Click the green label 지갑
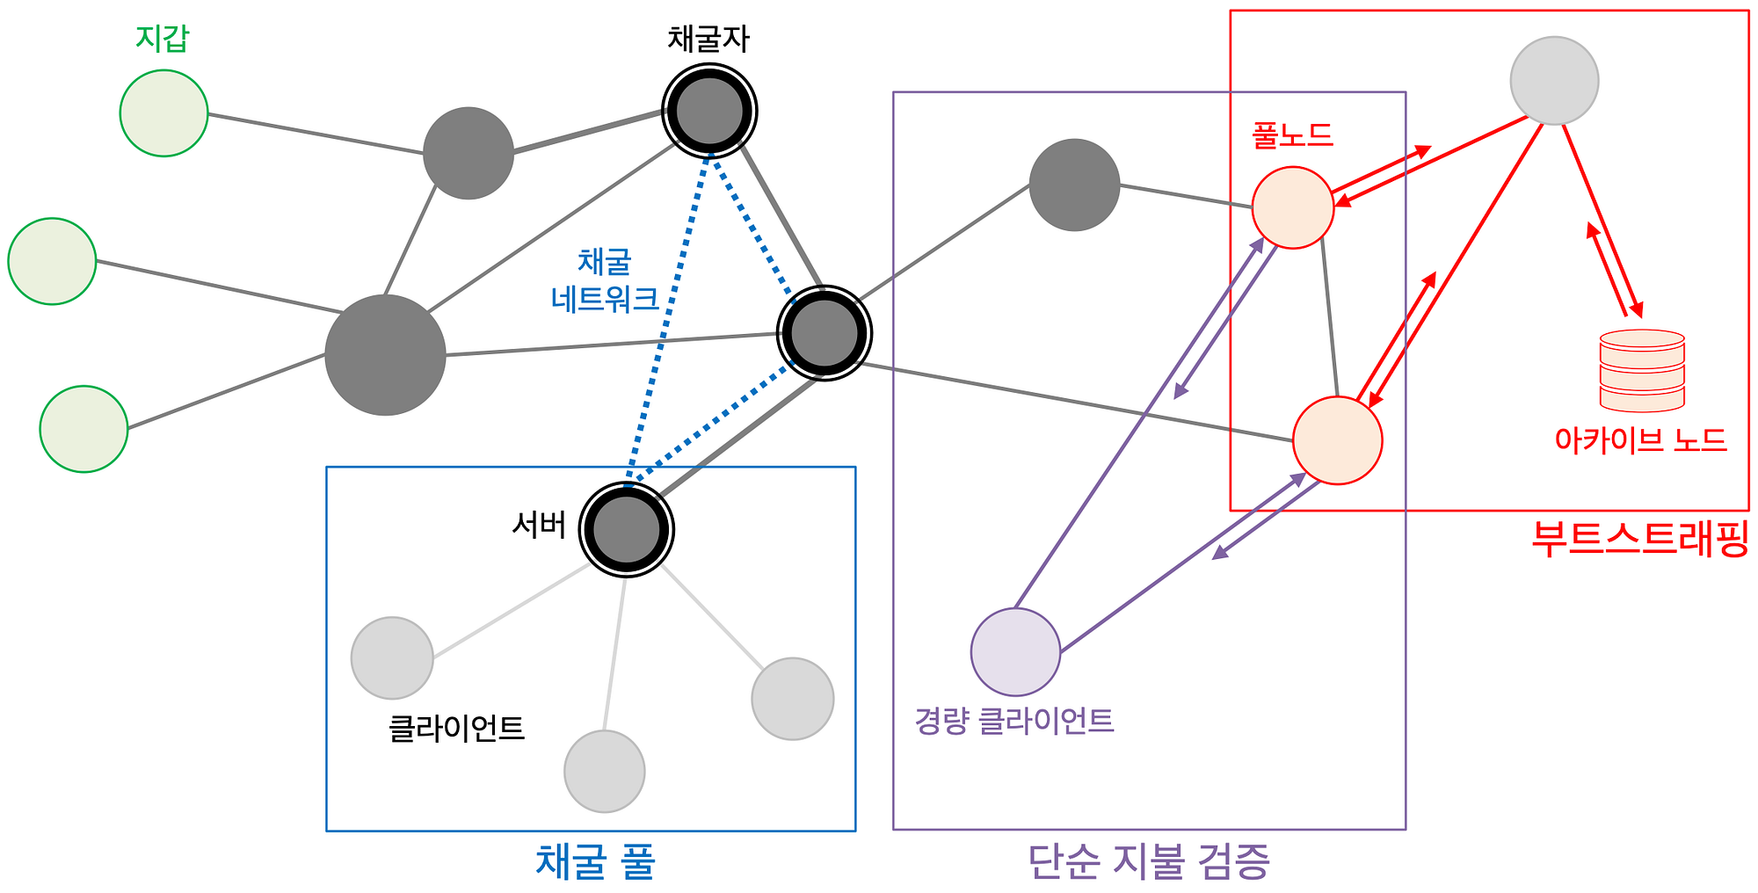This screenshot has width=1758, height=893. (x=163, y=38)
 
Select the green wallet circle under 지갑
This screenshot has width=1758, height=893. (x=163, y=113)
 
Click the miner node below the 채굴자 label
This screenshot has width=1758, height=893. (x=709, y=112)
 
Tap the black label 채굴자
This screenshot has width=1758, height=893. (x=708, y=39)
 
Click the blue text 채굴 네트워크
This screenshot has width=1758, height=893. (x=605, y=280)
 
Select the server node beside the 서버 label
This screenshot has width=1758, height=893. (x=626, y=530)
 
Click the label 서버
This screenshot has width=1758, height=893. (x=539, y=525)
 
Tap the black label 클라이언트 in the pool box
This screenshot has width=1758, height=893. (x=456, y=728)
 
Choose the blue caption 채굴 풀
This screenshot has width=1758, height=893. (x=595, y=862)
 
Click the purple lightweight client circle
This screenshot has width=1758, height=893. (x=1015, y=652)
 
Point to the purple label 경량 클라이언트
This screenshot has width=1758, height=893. (x=1014, y=721)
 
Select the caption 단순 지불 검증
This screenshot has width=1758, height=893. (x=1149, y=862)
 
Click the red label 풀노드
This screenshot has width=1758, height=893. (x=1292, y=135)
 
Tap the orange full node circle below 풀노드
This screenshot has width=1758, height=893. (x=1292, y=207)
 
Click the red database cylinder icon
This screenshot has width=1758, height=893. (x=1642, y=370)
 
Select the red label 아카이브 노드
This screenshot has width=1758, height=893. (x=1640, y=439)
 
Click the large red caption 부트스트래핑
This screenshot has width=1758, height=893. (x=1640, y=538)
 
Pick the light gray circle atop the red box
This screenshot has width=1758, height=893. (x=1554, y=81)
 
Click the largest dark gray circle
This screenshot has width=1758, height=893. (x=385, y=355)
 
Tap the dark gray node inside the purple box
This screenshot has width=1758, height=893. (x=1074, y=185)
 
